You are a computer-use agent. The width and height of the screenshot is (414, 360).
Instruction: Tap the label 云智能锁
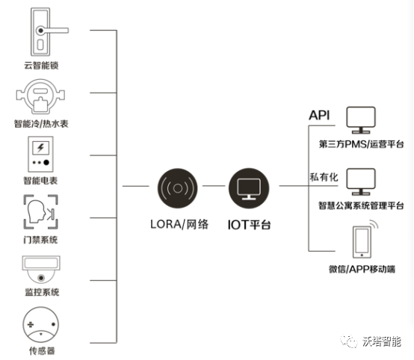click(x=41, y=66)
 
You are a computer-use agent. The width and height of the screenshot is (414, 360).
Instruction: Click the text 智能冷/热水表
click(x=41, y=123)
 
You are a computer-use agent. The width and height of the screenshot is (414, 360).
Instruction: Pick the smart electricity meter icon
click(x=41, y=155)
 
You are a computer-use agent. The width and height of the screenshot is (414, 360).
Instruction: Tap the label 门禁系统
click(x=41, y=240)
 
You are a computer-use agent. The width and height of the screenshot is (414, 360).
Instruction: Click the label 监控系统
click(x=41, y=291)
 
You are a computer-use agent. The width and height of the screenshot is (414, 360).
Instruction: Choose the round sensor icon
click(x=41, y=324)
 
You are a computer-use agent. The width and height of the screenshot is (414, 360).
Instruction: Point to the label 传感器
click(x=41, y=350)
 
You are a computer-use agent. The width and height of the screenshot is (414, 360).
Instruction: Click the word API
click(x=320, y=115)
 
